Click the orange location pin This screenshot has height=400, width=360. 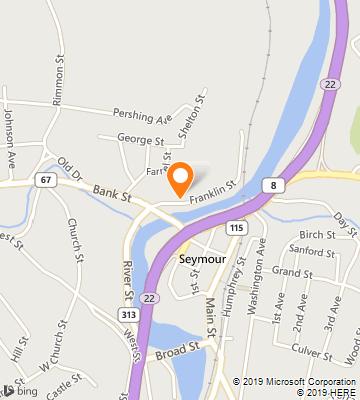tap(180, 179)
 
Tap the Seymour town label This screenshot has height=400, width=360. tap(204, 259)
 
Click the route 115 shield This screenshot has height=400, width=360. tap(236, 228)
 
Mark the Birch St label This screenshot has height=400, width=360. tap(316, 234)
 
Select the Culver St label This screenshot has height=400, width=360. tap(312, 352)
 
